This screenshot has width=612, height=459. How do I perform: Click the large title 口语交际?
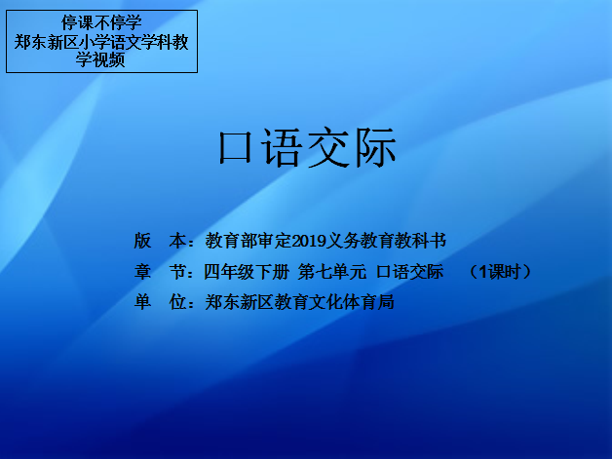point(307,148)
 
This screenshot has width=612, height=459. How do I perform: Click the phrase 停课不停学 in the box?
point(101,22)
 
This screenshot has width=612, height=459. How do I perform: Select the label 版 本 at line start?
point(160,241)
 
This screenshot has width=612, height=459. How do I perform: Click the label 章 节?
point(160,272)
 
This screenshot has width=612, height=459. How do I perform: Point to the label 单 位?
point(160,302)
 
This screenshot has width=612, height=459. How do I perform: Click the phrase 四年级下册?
point(247,272)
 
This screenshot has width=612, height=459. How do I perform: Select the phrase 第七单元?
point(332,272)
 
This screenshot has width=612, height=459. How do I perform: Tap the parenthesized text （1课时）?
point(500,272)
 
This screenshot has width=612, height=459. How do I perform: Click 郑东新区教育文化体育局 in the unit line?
point(300,302)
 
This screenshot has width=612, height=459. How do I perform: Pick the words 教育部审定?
point(249,241)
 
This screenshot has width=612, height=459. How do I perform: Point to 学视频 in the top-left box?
point(100,59)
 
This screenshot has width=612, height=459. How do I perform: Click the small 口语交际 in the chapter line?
point(410,272)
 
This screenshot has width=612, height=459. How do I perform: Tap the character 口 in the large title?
point(235,148)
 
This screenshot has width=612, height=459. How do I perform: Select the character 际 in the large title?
point(375,148)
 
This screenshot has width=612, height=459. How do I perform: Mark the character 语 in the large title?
point(282,148)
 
